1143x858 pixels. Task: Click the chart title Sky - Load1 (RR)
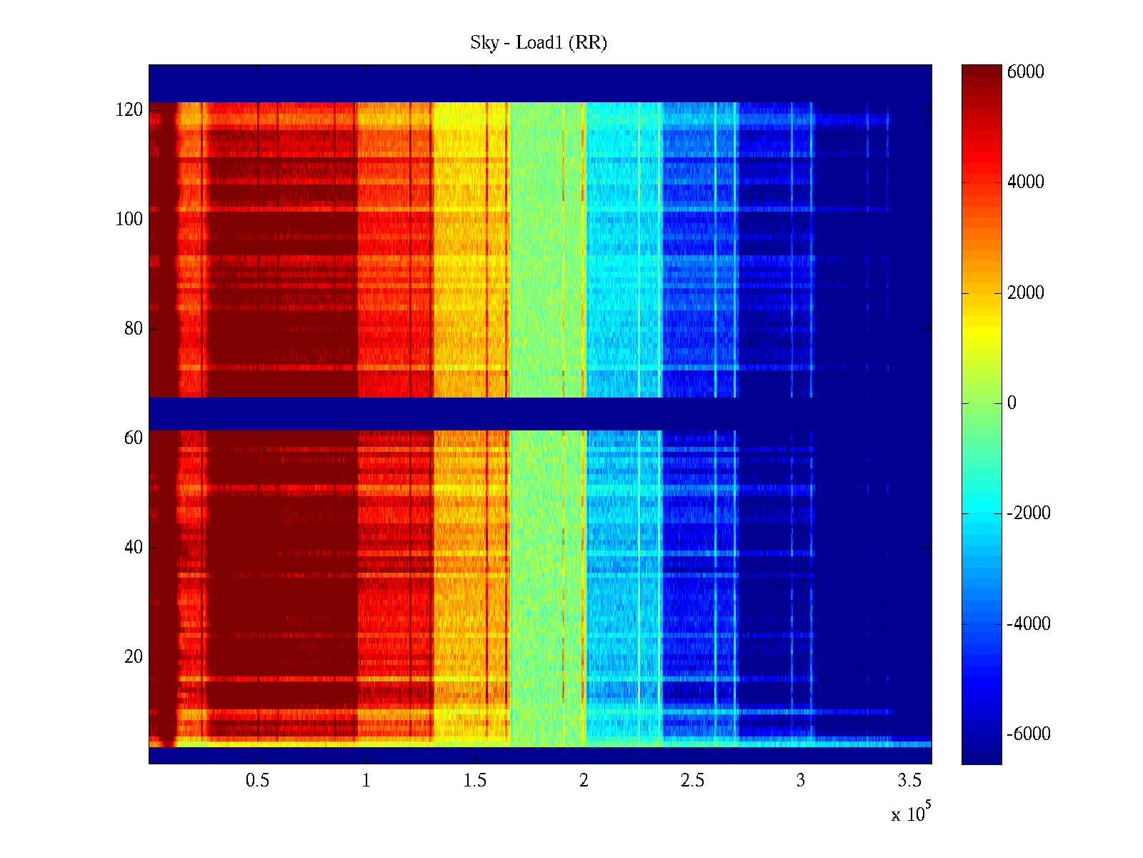tap(539, 43)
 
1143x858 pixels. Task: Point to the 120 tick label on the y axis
tap(129, 110)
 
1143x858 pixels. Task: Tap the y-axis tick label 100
tap(129, 220)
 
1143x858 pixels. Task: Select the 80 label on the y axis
tap(134, 329)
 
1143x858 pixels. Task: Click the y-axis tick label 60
tap(134, 438)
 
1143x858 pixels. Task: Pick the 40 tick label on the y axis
tap(134, 548)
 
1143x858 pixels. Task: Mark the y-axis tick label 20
tap(134, 657)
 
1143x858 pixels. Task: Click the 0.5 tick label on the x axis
tap(257, 781)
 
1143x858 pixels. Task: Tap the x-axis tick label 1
tap(366, 781)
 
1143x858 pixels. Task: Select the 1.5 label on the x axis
tap(475, 781)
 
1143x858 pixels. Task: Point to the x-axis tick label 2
tap(584, 781)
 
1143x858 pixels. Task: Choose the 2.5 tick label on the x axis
tap(692, 781)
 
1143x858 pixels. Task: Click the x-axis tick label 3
tap(801, 781)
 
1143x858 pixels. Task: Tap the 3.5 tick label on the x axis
tap(909, 781)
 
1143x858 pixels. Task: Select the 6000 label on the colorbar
tap(1026, 72)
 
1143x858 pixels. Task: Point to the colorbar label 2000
tap(1026, 293)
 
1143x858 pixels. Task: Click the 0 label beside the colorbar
tap(1012, 403)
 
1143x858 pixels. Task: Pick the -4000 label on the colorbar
tap(1029, 624)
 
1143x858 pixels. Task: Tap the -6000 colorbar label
tap(1029, 734)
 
